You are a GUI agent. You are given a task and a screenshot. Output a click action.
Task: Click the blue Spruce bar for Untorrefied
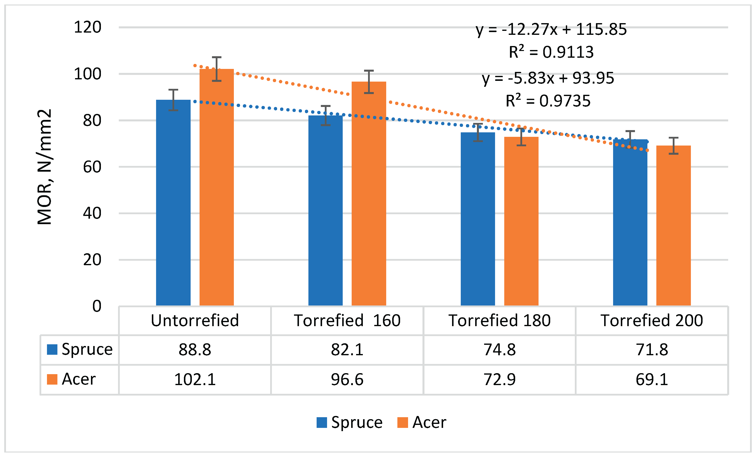click(x=173, y=203)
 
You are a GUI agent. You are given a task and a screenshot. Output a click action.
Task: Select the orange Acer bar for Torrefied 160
click(x=369, y=193)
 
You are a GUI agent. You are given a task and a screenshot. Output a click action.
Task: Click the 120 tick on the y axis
click(x=88, y=27)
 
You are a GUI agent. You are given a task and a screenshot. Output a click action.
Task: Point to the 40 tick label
click(x=92, y=213)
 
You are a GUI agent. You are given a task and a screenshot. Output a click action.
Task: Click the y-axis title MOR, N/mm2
click(x=45, y=167)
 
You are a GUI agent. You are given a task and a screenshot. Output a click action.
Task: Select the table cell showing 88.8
click(x=195, y=350)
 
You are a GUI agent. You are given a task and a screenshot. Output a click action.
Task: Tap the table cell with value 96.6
click(x=347, y=379)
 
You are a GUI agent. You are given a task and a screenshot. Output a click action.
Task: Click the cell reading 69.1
click(x=652, y=379)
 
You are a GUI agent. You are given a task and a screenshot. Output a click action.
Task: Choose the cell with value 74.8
click(x=500, y=350)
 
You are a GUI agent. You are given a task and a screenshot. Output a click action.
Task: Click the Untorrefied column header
click(x=195, y=320)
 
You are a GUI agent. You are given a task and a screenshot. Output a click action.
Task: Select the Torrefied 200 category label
click(x=652, y=320)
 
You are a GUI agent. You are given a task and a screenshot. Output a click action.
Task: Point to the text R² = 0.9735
click(x=548, y=101)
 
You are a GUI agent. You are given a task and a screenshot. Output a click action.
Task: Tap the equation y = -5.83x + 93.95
click(x=548, y=78)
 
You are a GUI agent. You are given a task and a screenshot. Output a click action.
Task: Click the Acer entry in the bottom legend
click(x=422, y=422)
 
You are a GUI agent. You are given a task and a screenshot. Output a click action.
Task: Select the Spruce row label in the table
click(x=80, y=349)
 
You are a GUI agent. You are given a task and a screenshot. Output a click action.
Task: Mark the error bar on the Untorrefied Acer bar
click(x=217, y=69)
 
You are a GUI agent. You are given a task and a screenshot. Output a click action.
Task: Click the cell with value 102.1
click(x=195, y=379)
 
